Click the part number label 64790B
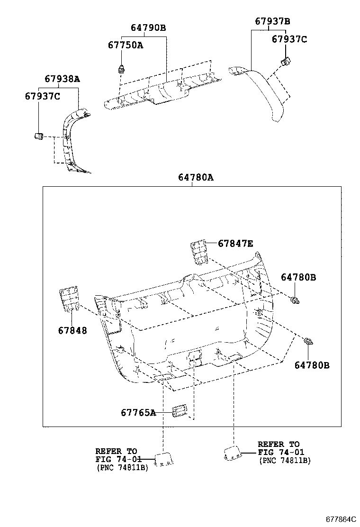[x=148, y=28]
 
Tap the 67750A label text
[x=125, y=45]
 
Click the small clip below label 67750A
[x=121, y=69]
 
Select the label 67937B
[x=272, y=21]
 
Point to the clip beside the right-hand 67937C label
[x=286, y=61]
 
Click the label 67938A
[x=63, y=79]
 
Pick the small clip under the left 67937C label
[x=39, y=136]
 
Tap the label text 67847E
[x=235, y=244]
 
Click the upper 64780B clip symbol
[x=295, y=300]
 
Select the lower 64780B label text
[x=311, y=365]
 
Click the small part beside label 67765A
[x=180, y=411]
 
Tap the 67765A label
[x=138, y=413]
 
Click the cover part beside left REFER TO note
[x=163, y=459]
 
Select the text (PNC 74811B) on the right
[x=284, y=461]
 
